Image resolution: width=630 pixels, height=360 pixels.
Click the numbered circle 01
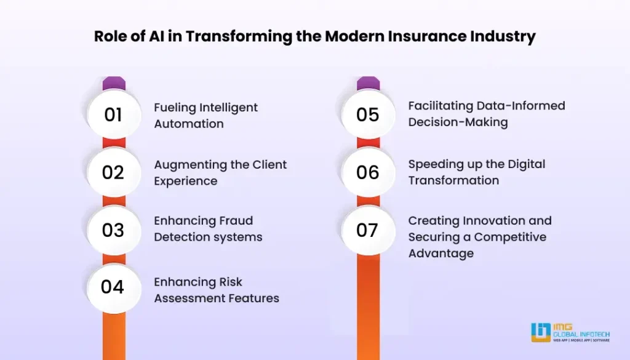114,114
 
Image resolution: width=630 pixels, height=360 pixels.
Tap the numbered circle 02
114,172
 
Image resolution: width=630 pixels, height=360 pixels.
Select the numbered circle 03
114,230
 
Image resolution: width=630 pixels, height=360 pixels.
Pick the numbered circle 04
114,288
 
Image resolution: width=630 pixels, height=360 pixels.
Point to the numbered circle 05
368,114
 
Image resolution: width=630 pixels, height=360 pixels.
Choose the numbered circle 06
368,172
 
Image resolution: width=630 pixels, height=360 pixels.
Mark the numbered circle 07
368,230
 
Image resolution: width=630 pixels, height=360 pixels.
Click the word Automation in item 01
189,124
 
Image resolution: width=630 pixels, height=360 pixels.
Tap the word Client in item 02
269,165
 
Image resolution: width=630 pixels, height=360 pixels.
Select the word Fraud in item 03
236,220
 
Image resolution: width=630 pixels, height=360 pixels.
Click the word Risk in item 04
231,282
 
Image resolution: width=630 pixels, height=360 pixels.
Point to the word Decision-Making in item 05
458,122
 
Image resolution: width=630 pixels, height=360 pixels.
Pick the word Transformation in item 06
453,180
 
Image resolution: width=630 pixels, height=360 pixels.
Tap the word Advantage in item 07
441,254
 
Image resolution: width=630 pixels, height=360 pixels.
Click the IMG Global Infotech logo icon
541,332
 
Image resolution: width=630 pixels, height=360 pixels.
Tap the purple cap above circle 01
114,84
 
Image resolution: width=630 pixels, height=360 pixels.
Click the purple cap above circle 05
368,84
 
